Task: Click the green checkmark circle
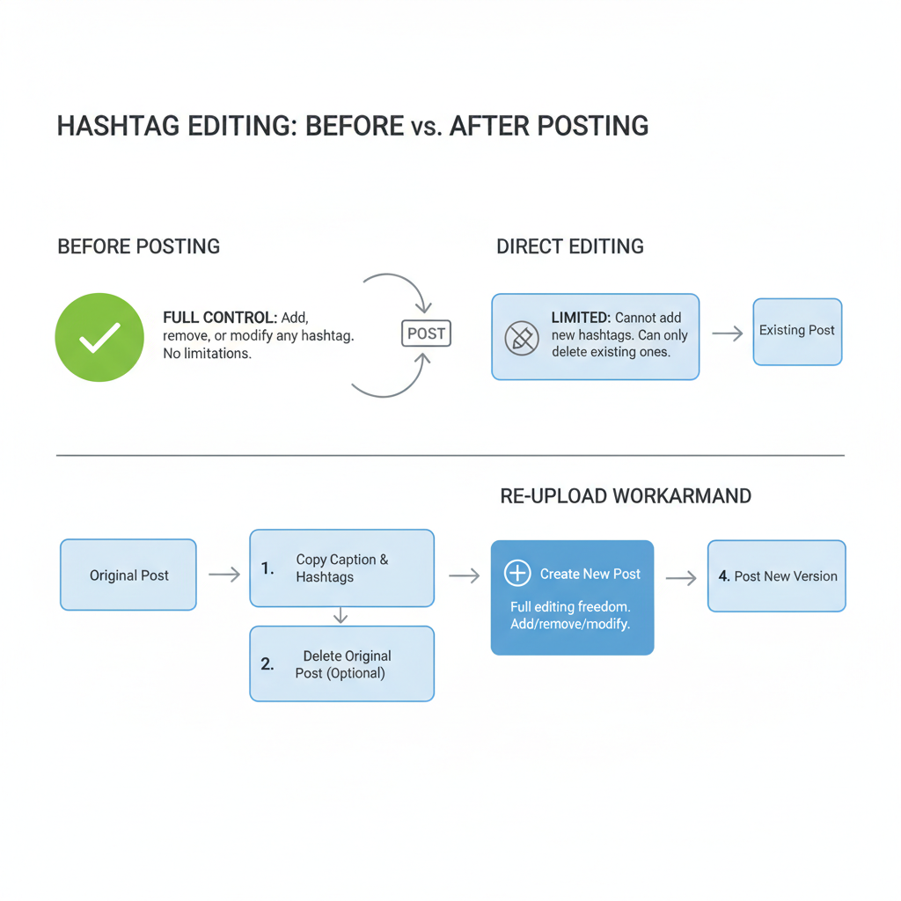pos(99,337)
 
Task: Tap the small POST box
pos(427,333)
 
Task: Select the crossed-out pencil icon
pos(521,337)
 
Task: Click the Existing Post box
pos(797,332)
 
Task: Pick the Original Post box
pos(128,575)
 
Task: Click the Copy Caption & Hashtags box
pos(341,568)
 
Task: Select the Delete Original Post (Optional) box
pos(341,664)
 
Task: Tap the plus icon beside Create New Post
pos(517,574)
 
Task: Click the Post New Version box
pos(776,576)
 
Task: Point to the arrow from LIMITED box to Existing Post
pos(727,333)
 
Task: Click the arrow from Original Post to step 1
pos(224,575)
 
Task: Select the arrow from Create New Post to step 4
pos(681,578)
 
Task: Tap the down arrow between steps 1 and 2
pos(341,616)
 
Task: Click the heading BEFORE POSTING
pos(139,246)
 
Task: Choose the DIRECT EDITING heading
pos(570,246)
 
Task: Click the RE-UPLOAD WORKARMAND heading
pos(626,496)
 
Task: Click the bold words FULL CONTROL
pos(220,318)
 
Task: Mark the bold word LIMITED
pos(580,318)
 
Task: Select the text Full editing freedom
pos(570,607)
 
